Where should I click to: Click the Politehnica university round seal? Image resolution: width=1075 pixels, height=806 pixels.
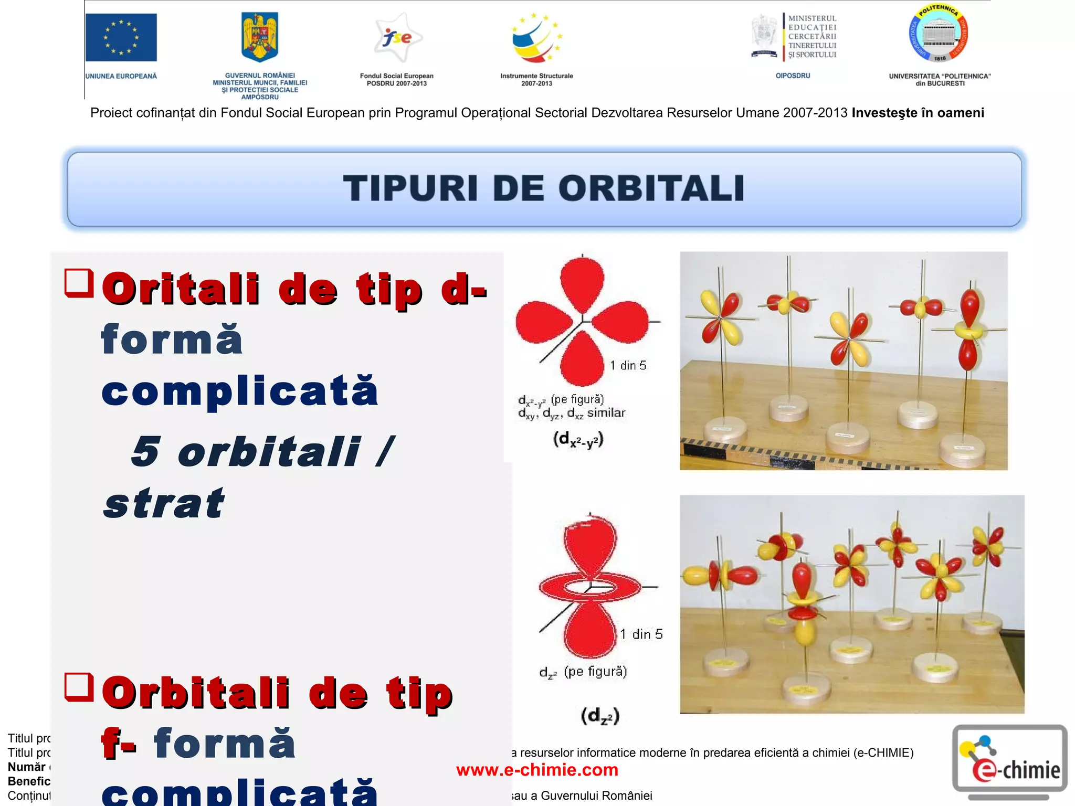(x=939, y=35)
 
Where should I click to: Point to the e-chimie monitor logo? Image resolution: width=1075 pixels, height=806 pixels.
(x=1010, y=759)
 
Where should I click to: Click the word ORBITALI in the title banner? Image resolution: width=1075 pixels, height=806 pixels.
(x=651, y=188)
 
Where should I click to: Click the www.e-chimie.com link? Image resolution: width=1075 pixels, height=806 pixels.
(x=537, y=770)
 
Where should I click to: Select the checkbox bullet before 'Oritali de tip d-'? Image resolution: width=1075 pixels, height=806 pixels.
(x=79, y=283)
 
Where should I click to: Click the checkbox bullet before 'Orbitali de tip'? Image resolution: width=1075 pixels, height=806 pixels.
(x=79, y=687)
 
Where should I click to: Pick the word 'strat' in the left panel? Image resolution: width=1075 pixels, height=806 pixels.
(x=164, y=503)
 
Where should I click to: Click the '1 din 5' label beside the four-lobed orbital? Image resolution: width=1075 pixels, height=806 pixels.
(x=628, y=365)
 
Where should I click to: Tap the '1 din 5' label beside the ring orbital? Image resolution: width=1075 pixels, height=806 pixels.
(x=641, y=634)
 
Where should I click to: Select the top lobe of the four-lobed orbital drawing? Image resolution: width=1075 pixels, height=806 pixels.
(x=582, y=278)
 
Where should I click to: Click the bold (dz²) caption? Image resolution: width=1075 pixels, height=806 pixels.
(x=600, y=716)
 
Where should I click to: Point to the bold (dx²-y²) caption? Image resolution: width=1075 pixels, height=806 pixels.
(x=578, y=439)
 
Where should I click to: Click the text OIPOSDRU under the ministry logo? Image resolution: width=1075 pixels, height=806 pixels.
(x=793, y=76)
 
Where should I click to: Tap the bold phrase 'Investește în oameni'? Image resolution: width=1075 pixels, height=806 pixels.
(x=918, y=113)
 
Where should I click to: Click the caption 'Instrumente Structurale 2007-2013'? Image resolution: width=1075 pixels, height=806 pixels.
(x=536, y=79)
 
